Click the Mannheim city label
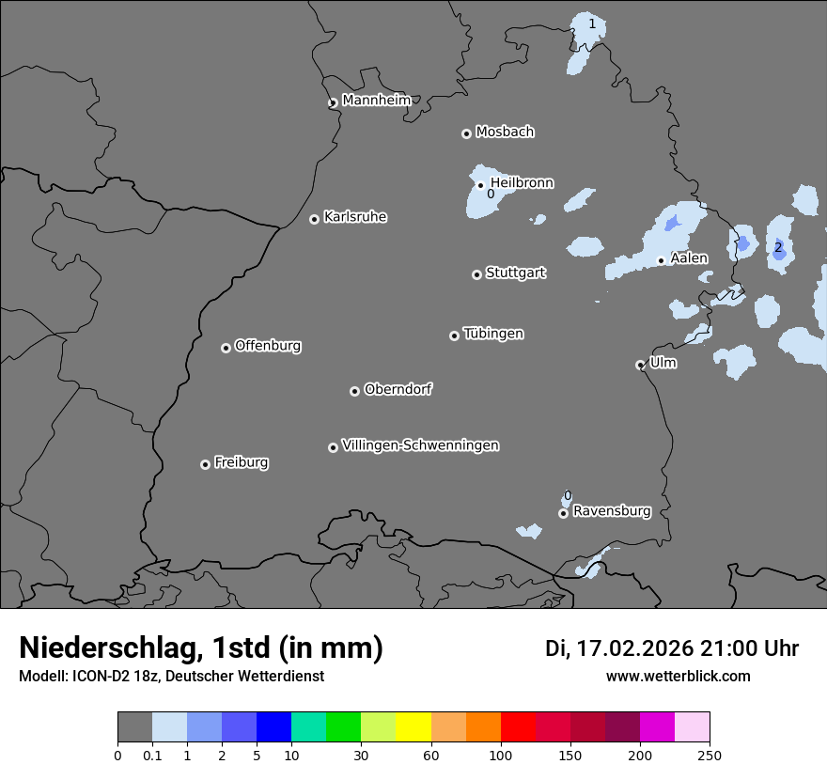376,100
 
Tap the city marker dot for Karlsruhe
314,219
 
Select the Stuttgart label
515,273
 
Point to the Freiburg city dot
205,464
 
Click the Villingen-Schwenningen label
420,445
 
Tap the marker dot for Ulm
640,365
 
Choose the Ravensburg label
612,511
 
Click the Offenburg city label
268,345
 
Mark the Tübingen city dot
454,335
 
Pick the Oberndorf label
398,389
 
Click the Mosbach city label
505,132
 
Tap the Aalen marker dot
661,260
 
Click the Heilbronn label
522,182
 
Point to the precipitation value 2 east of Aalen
778,248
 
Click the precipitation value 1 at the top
592,23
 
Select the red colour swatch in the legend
518,727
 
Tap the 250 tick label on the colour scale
710,755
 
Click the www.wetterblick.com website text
678,676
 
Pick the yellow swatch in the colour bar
413,727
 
